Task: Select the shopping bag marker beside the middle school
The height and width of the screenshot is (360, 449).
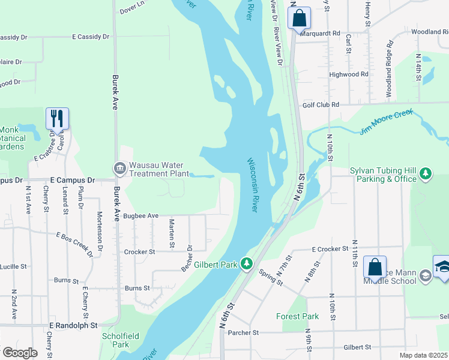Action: pos(375,268)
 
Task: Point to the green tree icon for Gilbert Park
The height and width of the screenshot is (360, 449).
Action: pos(246,263)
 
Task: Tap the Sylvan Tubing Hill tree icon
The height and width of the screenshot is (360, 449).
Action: pos(426,174)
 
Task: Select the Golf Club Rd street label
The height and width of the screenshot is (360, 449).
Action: pos(321,104)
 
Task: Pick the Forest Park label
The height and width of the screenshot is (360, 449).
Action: pos(297,316)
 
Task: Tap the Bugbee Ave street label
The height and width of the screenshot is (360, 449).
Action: pos(140,215)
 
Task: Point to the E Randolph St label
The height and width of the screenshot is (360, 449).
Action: pos(73,325)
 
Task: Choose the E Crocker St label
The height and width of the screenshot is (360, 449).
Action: pos(330,248)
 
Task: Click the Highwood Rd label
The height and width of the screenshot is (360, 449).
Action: pos(348,74)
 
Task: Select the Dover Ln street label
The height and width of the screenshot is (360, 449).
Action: pos(132,8)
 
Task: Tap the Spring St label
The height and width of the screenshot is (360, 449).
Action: pos(271,277)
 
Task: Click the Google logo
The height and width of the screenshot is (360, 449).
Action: pos(19,353)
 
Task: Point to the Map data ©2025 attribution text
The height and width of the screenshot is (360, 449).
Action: pos(423,355)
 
